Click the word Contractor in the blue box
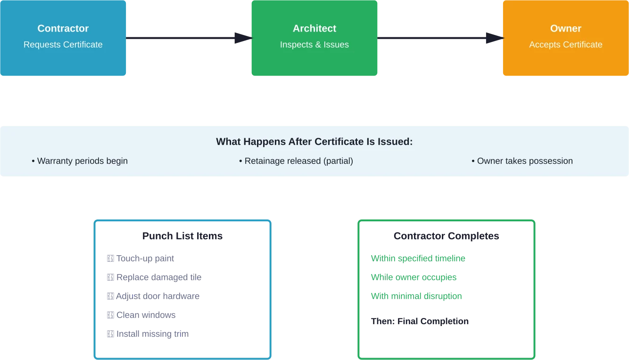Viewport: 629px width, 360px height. (63, 28)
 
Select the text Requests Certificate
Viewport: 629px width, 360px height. (63, 45)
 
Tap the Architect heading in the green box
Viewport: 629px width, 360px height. (314, 28)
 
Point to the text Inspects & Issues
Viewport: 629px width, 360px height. (314, 45)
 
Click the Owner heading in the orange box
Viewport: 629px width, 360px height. (565, 28)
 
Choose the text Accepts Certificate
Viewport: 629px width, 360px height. (565, 45)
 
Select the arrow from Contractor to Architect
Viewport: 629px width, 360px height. (189, 38)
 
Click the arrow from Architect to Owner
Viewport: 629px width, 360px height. (440, 38)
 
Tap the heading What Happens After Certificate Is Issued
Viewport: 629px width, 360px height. (314, 142)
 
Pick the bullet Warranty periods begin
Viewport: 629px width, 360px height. (80, 161)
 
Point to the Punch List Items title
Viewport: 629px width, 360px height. (181, 236)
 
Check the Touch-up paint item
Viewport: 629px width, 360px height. (141, 259)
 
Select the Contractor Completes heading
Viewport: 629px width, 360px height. (446, 236)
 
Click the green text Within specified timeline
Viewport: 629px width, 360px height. (418, 258)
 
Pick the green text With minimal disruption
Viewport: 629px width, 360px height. (416, 296)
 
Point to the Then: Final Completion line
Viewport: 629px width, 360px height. (420, 321)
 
